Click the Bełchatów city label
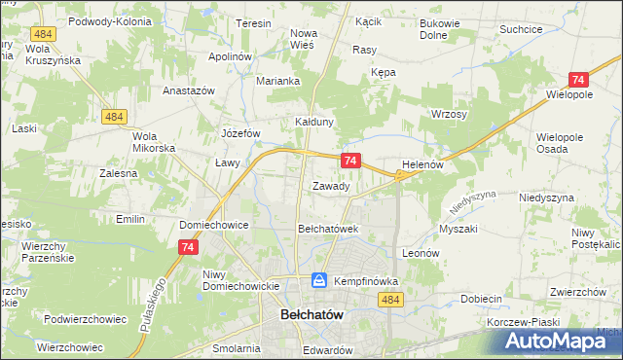(314, 316)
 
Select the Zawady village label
(331, 186)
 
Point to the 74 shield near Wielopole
(578, 81)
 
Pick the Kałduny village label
(315, 122)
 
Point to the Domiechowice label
(214, 225)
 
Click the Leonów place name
(421, 252)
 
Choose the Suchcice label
(521, 29)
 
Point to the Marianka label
(276, 81)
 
